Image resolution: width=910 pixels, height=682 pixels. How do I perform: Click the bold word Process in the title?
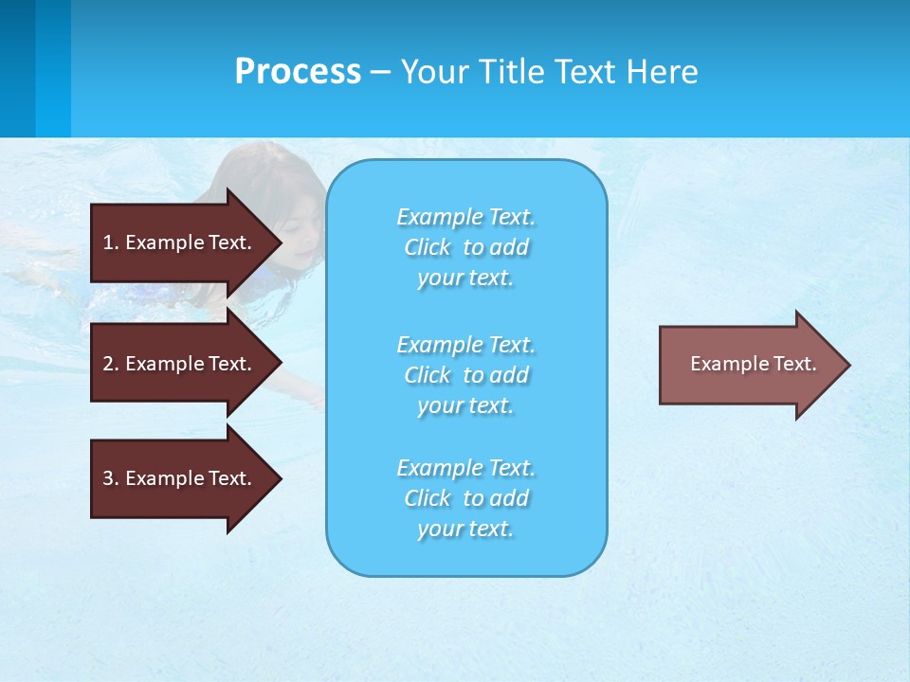(x=298, y=72)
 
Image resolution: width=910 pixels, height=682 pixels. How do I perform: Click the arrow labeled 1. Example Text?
(x=180, y=242)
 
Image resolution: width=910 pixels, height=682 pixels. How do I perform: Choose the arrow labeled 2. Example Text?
(x=180, y=364)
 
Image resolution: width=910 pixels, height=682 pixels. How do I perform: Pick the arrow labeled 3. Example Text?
(x=180, y=478)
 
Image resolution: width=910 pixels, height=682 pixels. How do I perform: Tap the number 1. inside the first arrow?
(x=110, y=242)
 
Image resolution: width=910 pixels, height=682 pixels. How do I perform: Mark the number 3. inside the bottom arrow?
(x=110, y=478)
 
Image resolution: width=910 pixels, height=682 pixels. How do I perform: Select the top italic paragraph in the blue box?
(x=465, y=247)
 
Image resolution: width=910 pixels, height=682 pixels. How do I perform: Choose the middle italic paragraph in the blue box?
(x=465, y=375)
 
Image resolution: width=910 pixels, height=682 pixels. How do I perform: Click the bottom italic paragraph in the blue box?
(x=465, y=498)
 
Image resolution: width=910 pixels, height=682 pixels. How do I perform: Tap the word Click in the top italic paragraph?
(x=428, y=247)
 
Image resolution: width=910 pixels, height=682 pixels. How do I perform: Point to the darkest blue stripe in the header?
(x=17, y=68)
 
